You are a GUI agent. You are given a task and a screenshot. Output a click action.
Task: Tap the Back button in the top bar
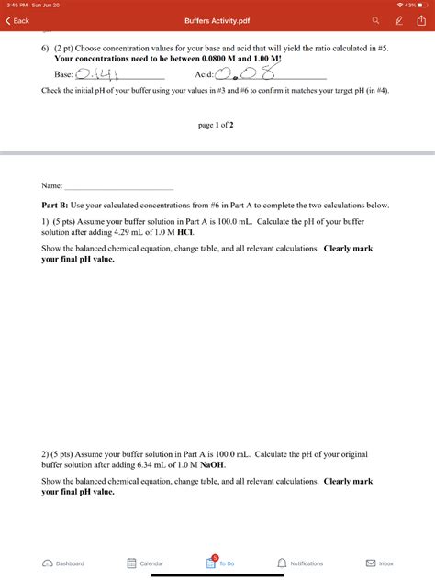(x=17, y=20)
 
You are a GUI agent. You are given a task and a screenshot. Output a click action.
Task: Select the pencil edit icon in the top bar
(x=397, y=20)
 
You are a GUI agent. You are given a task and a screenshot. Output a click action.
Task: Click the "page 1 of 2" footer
(x=216, y=125)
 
